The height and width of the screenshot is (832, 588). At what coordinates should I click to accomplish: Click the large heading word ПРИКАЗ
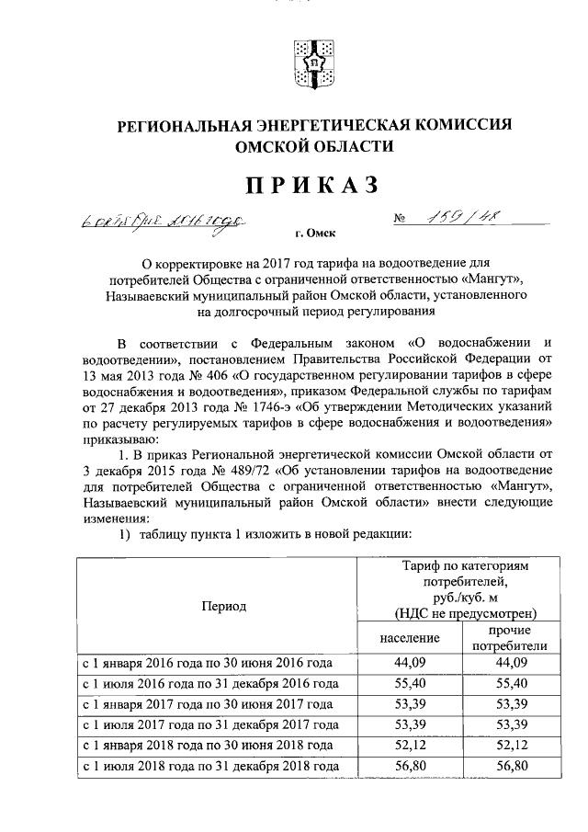[311, 185]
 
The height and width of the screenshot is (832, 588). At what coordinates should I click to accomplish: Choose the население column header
[410, 637]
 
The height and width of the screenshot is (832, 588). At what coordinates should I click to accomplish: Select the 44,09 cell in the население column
[410, 662]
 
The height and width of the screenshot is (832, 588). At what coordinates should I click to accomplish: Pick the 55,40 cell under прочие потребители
[508, 684]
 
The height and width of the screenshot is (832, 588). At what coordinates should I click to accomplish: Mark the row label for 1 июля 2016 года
[210, 684]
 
